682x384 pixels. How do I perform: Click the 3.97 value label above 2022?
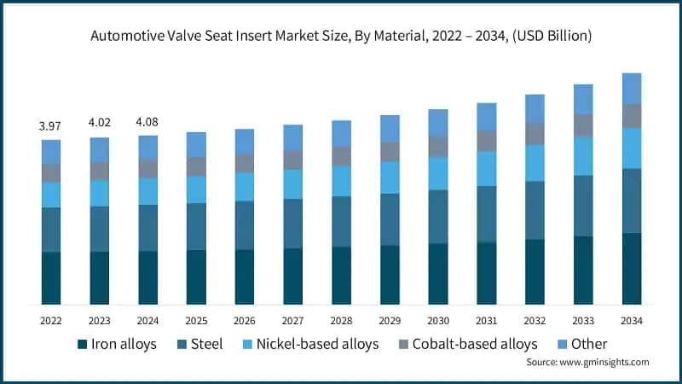[x=51, y=127]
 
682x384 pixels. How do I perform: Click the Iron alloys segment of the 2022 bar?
[x=51, y=278]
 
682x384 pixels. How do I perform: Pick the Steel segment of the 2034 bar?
[x=632, y=201]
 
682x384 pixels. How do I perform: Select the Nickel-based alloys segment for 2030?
[x=438, y=173]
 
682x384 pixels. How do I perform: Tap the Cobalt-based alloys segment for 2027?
[x=293, y=160]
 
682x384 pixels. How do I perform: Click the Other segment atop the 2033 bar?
[x=583, y=99]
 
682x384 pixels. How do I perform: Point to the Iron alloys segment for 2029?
[x=390, y=275]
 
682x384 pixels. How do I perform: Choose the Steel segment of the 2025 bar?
[x=196, y=226]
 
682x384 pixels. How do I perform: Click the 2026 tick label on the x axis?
[x=245, y=320]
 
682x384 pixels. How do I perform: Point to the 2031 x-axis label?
[x=487, y=320]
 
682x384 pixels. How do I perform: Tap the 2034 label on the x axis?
[x=632, y=320]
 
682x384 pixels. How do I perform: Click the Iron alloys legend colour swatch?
[x=82, y=345]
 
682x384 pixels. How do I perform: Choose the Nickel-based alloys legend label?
[x=320, y=345]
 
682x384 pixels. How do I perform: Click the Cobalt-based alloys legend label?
[x=475, y=345]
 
